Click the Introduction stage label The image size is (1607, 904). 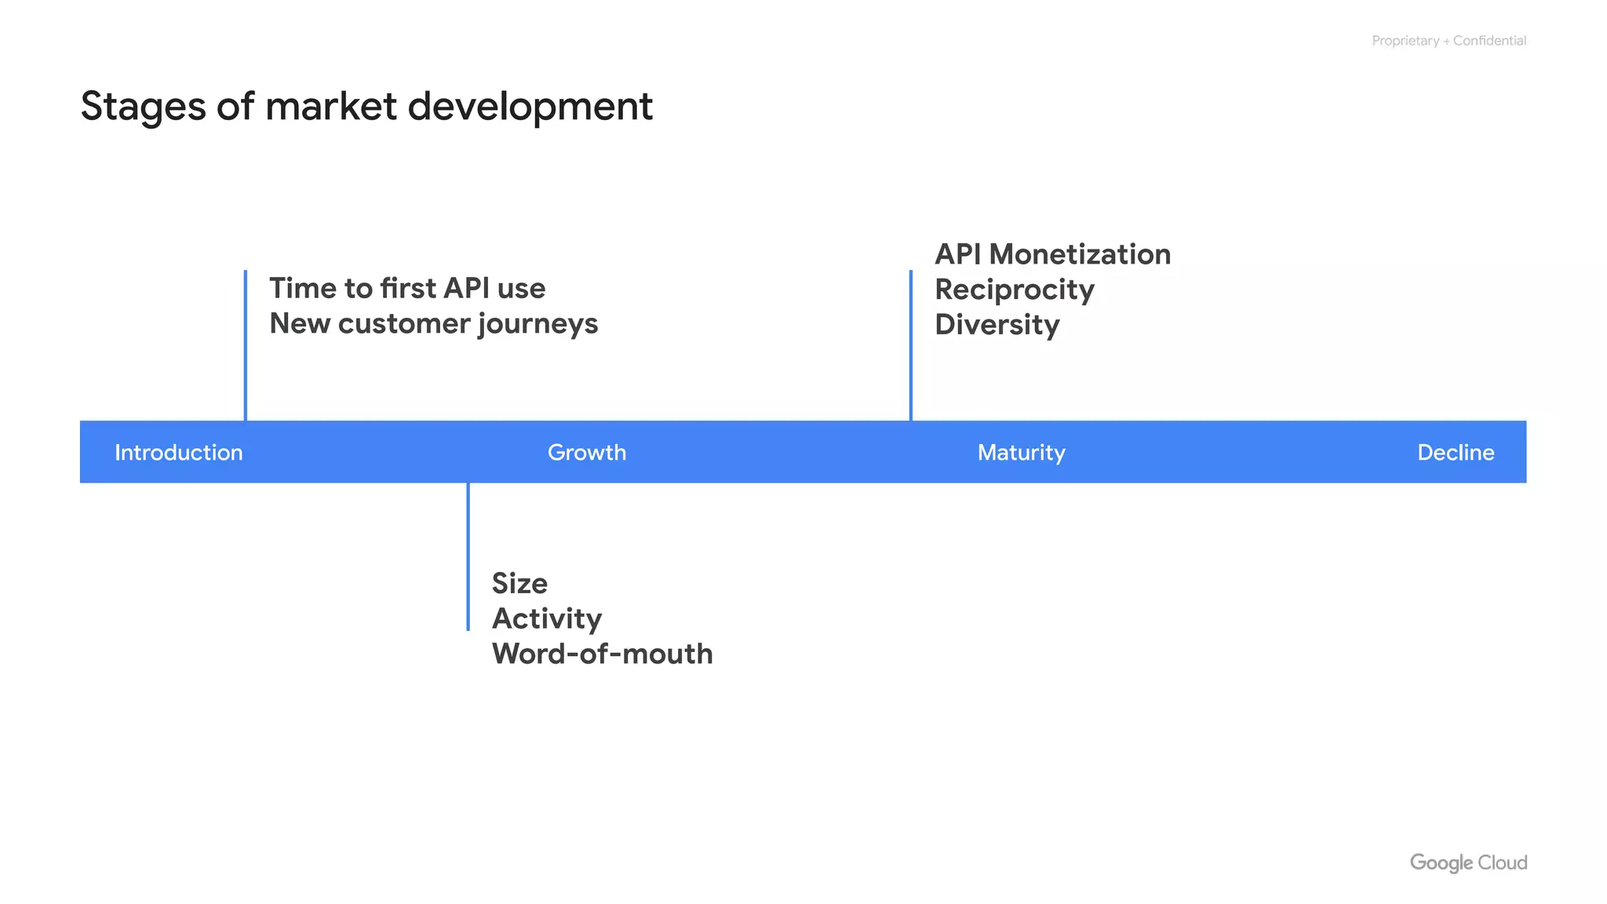[179, 453]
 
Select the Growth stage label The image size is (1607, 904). [586, 453]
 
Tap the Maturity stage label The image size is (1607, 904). [1021, 453]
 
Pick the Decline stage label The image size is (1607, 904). [1455, 453]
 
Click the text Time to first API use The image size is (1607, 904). [407, 288]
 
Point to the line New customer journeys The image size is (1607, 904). [433, 324]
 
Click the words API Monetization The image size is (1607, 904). [1052, 254]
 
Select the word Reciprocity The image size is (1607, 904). [1014, 290]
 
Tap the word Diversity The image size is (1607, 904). [997, 325]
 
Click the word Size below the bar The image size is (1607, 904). [519, 583]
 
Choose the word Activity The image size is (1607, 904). [546, 618]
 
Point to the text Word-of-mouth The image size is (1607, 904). [602, 654]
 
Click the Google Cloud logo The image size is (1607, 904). [1467, 862]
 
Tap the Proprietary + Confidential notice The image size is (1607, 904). [1448, 41]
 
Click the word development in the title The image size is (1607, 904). [530, 107]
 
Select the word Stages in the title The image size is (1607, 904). [143, 107]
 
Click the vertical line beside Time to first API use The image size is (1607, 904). [246, 345]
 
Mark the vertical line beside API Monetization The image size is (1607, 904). [910, 345]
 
